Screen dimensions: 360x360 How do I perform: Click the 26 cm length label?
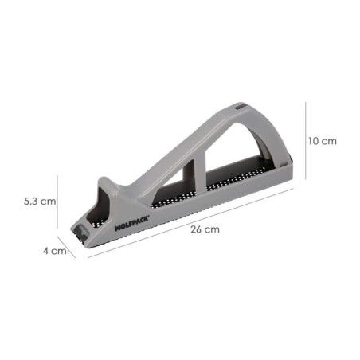205,230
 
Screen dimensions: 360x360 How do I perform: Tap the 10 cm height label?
323,141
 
